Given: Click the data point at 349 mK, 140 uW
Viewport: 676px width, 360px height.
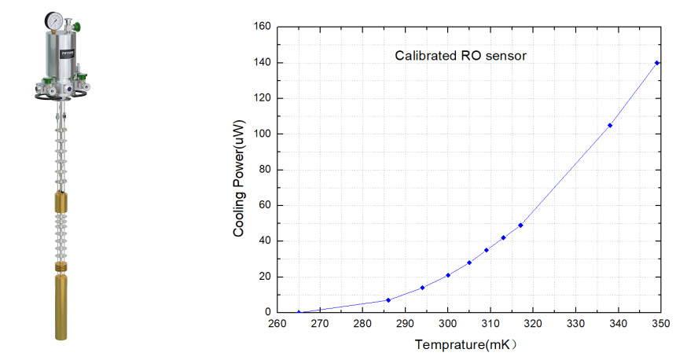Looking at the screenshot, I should click(x=656, y=63).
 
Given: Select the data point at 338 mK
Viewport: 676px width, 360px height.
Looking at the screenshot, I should click(x=610, y=125).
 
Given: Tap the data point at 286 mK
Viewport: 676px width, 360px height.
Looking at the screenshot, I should click(x=388, y=299).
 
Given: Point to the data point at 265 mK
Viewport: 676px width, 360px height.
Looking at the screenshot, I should click(x=299, y=312).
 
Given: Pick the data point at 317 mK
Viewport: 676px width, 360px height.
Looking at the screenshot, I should click(x=520, y=226).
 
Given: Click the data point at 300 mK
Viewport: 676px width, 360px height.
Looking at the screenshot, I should click(x=448, y=275).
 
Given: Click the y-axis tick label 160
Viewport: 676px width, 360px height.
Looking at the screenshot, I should click(x=263, y=27).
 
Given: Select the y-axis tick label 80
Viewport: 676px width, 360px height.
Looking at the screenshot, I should click(x=265, y=170).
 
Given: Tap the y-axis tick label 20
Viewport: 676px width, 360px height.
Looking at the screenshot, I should click(x=265, y=277).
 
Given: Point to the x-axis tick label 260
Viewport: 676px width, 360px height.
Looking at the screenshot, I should click(x=277, y=323).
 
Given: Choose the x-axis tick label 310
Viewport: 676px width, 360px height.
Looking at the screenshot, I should click(x=490, y=323).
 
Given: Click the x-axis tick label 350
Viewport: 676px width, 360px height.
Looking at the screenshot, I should click(x=659, y=323).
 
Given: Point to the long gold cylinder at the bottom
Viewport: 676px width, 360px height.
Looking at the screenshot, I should click(x=62, y=308).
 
